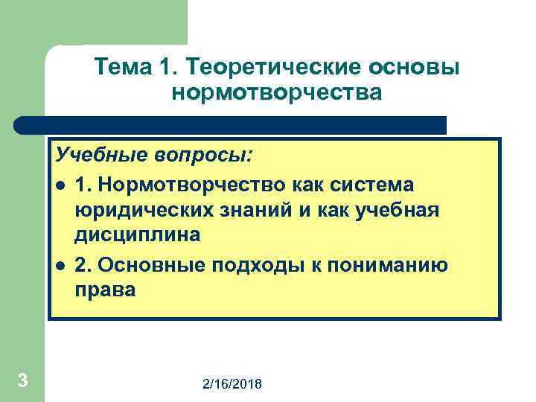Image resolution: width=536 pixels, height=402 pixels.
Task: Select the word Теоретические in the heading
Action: pyautogui.click(x=267, y=67)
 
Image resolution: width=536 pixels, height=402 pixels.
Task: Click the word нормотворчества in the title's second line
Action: pyautogui.click(x=276, y=93)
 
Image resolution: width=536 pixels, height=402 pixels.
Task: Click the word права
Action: pyautogui.click(x=105, y=290)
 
